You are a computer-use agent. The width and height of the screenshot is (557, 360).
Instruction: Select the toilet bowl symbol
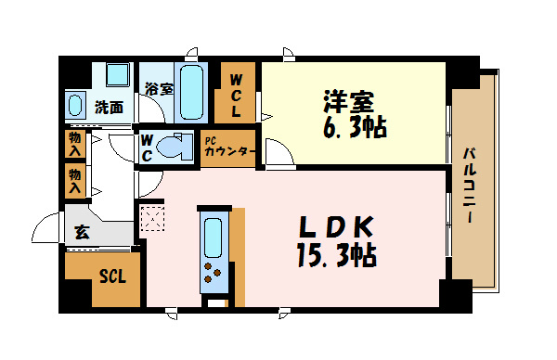click(173, 147)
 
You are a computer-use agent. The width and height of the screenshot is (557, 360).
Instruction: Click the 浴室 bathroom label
click(158, 89)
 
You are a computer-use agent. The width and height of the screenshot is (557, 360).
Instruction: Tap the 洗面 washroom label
click(109, 107)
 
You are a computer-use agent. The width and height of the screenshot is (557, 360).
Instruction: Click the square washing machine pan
click(118, 75)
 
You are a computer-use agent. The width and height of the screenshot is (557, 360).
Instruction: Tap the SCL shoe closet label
click(112, 276)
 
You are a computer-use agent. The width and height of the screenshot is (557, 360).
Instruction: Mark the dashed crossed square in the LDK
click(150, 219)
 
